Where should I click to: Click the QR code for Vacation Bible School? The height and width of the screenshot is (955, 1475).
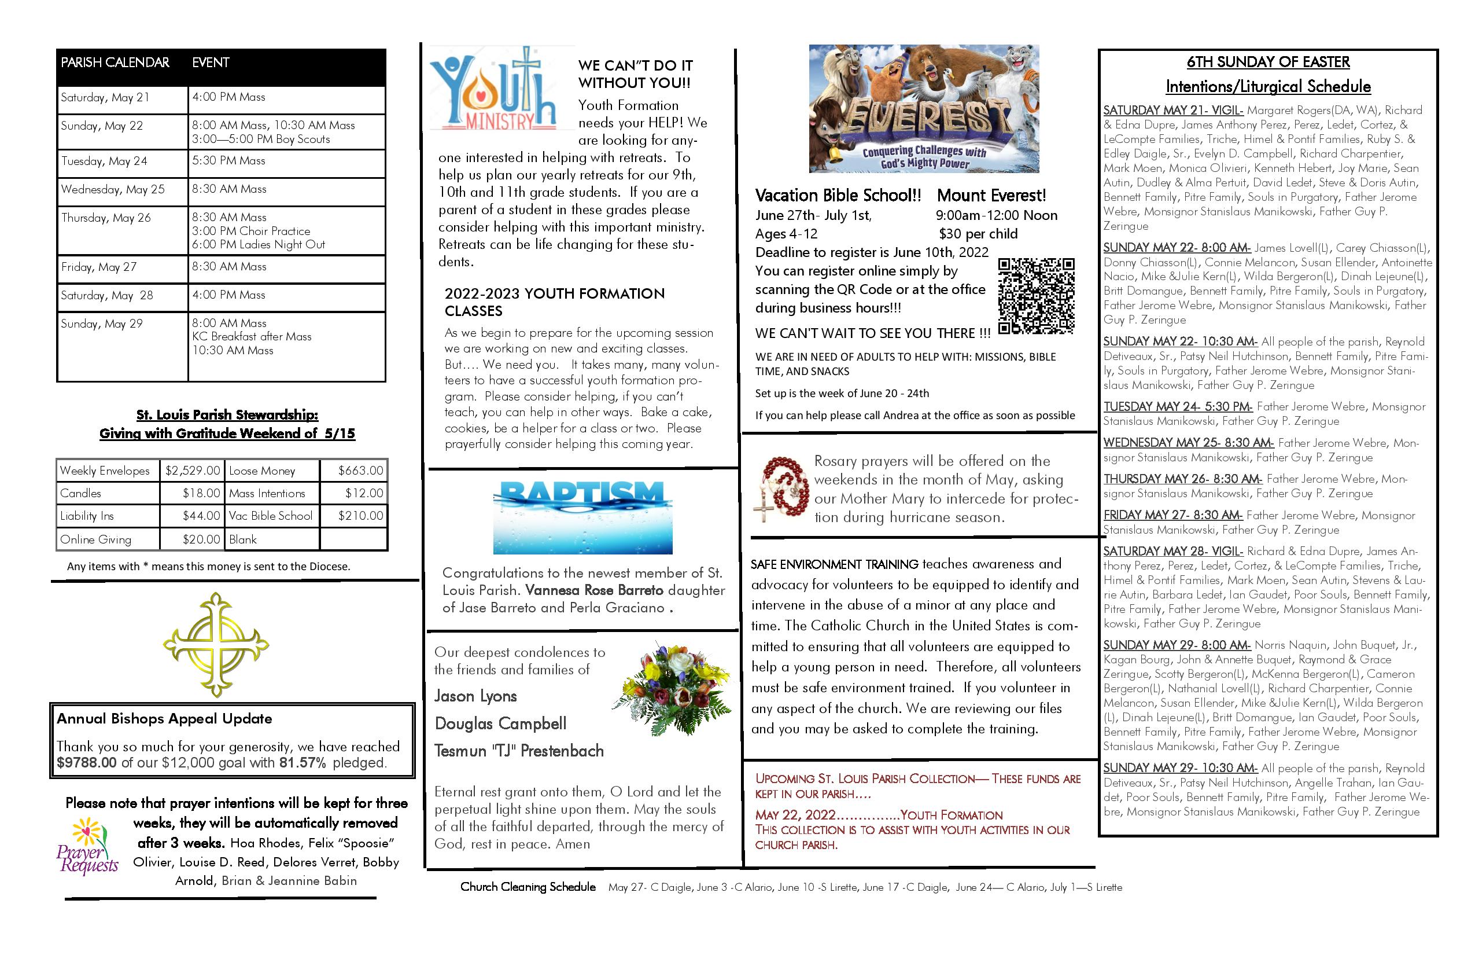[x=1035, y=296]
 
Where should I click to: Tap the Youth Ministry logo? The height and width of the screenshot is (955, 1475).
[x=493, y=88]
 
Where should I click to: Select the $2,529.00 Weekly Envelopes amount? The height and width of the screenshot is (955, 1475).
[x=192, y=471]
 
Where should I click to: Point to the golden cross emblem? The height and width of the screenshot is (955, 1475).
[x=216, y=645]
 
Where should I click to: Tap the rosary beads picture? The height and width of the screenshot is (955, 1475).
[x=780, y=490]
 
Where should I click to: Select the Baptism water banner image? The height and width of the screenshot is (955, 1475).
[x=582, y=517]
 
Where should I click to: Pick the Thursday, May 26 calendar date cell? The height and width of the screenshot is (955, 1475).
[x=106, y=218]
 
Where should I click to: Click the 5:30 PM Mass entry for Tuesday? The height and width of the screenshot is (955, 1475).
[x=228, y=161]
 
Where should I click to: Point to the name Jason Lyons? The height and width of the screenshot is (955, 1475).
[x=475, y=696]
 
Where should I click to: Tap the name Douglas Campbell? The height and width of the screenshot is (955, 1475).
[x=500, y=723]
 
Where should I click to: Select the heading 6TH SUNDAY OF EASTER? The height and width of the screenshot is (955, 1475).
[x=1268, y=62]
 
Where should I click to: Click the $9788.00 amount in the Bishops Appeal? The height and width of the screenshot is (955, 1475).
[x=86, y=763]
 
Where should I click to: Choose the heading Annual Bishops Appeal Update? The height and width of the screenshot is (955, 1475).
[x=164, y=719]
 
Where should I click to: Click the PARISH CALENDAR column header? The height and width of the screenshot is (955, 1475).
[x=115, y=63]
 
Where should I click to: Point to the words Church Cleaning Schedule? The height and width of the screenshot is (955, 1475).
[x=528, y=887]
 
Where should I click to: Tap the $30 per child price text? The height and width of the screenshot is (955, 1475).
[x=978, y=234]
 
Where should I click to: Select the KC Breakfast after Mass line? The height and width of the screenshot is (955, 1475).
[x=252, y=337]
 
